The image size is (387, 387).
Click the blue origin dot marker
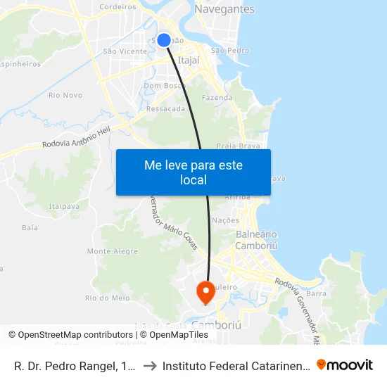pos(164,40)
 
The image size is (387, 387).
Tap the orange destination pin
pos(205,291)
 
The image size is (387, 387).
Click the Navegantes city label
pos(224,9)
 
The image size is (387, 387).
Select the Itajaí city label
pos(189,61)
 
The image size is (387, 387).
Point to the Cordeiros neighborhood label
pos(118,6)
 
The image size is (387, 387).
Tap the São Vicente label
pos(125,51)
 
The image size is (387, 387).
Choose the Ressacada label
pos(166,109)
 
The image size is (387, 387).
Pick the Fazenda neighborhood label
pos(216,98)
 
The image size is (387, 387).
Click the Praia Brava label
pos(235,146)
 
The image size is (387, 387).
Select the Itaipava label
pos(63,205)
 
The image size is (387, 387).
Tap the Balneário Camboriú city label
pos(256,240)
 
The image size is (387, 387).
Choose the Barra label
pos(317,293)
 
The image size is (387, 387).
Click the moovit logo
pos(345,364)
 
